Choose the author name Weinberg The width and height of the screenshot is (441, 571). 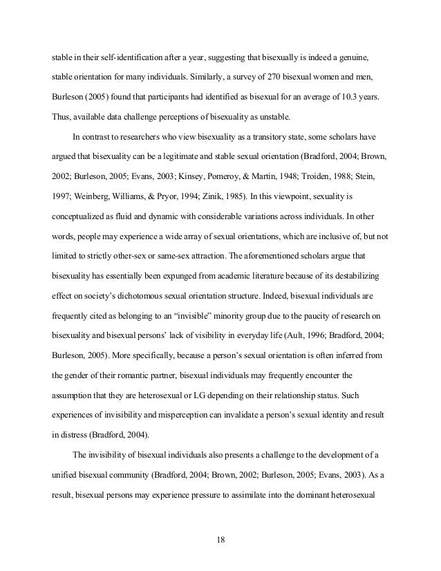(91, 182)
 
